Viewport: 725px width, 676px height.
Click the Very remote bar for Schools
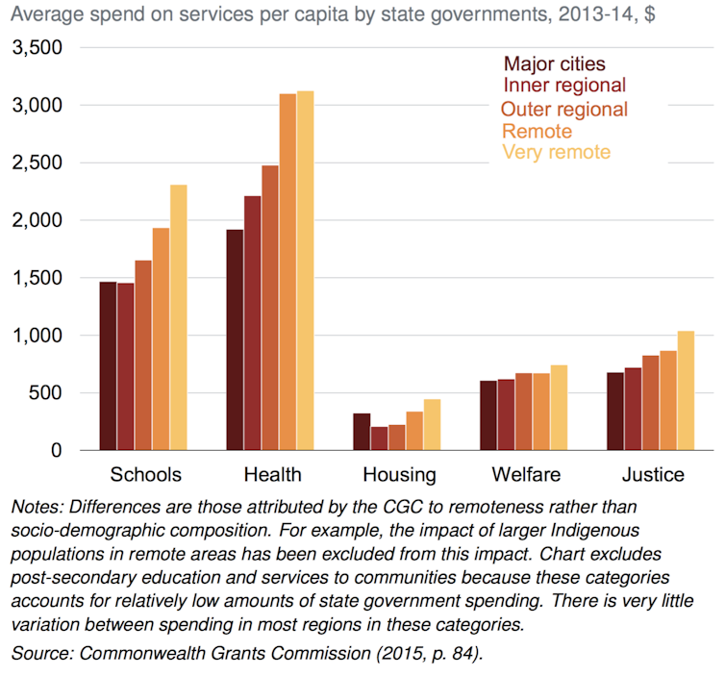coord(178,317)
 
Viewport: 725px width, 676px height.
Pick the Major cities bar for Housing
coord(361,432)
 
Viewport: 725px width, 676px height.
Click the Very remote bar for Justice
coord(686,390)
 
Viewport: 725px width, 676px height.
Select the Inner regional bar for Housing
coord(379,438)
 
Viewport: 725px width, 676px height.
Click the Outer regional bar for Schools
coord(142,355)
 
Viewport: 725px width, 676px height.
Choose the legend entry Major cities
coord(555,64)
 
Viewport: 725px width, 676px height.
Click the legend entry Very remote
coord(557,152)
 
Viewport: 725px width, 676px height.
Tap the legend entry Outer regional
coord(564,109)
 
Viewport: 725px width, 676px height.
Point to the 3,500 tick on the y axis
coord(37,47)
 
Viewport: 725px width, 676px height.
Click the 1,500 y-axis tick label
coord(37,278)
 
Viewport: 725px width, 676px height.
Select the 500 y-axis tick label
coord(46,392)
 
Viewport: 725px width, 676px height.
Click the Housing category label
coord(399,474)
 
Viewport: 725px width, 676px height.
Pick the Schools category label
coord(146,474)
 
